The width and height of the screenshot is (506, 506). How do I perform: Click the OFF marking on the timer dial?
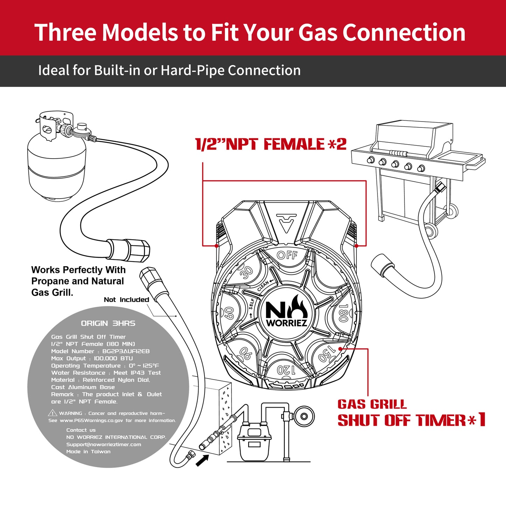click(x=287, y=255)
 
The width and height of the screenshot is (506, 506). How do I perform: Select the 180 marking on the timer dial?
click(x=343, y=313)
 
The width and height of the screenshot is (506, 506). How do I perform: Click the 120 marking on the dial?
click(x=286, y=370)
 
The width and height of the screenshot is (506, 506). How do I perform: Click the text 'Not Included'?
click(x=126, y=300)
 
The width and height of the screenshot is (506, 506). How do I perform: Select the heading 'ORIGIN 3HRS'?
click(x=108, y=323)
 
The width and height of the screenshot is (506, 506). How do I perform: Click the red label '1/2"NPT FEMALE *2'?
click(x=271, y=144)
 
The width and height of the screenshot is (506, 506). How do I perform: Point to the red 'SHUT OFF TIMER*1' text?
click(x=411, y=421)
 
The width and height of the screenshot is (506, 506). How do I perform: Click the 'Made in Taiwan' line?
click(x=88, y=452)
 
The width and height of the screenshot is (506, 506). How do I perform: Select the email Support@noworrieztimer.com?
click(x=104, y=444)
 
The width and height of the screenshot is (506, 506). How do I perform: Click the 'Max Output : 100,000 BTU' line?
click(x=92, y=359)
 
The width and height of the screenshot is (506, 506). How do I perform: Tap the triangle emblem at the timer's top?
click(x=286, y=223)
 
